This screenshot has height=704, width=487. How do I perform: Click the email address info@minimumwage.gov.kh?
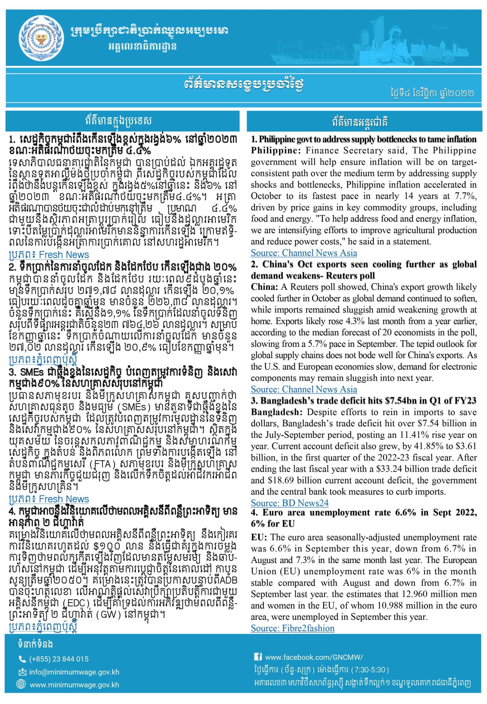[x=74, y=673]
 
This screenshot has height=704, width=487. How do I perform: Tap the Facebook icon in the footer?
[x=258, y=657]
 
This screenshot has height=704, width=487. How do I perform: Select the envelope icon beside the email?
[x=22, y=673]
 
